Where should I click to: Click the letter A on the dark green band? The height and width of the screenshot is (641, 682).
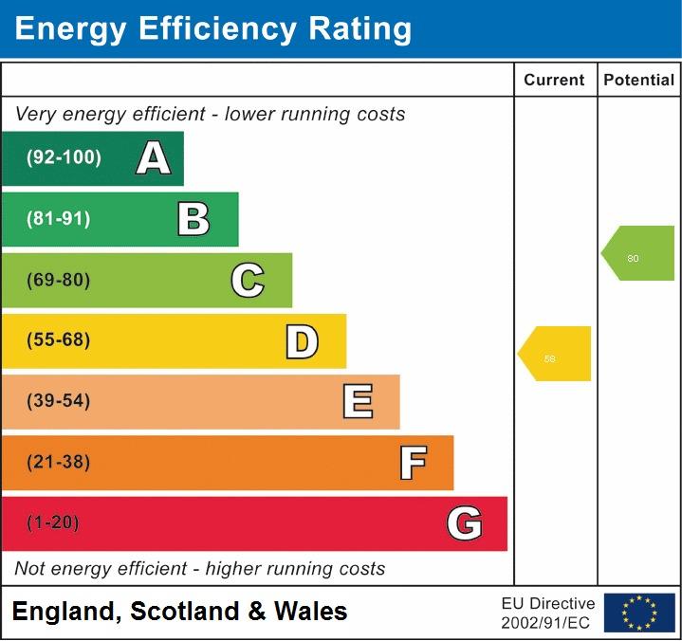[x=154, y=158]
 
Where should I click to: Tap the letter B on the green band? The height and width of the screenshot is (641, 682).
[x=194, y=219]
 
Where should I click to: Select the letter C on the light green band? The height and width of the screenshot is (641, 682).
[x=248, y=281]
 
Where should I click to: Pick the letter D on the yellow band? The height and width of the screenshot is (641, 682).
[x=302, y=341]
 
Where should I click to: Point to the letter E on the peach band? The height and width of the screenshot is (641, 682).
[x=358, y=402]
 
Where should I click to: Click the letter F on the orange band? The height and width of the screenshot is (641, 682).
[x=413, y=463]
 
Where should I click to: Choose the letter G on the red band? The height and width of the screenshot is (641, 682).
[x=465, y=523]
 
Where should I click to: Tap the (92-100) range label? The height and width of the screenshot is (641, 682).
[x=64, y=158]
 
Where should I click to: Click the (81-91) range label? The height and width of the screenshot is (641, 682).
[x=59, y=219]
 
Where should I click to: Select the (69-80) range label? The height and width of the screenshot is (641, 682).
[x=59, y=281]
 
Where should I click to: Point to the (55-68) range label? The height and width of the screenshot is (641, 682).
[x=59, y=340]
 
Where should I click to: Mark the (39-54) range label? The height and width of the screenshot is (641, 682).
[x=59, y=401]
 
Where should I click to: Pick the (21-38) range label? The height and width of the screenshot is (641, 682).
[x=59, y=463]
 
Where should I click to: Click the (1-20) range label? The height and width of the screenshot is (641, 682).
[x=53, y=523]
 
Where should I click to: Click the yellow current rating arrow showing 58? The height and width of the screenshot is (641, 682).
[x=556, y=355]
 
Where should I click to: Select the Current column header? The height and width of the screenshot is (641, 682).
[x=554, y=81]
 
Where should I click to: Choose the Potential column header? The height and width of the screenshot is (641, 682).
[x=638, y=81]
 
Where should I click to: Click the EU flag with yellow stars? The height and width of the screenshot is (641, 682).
[x=639, y=612]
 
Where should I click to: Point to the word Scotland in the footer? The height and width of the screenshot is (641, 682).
[x=184, y=611]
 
